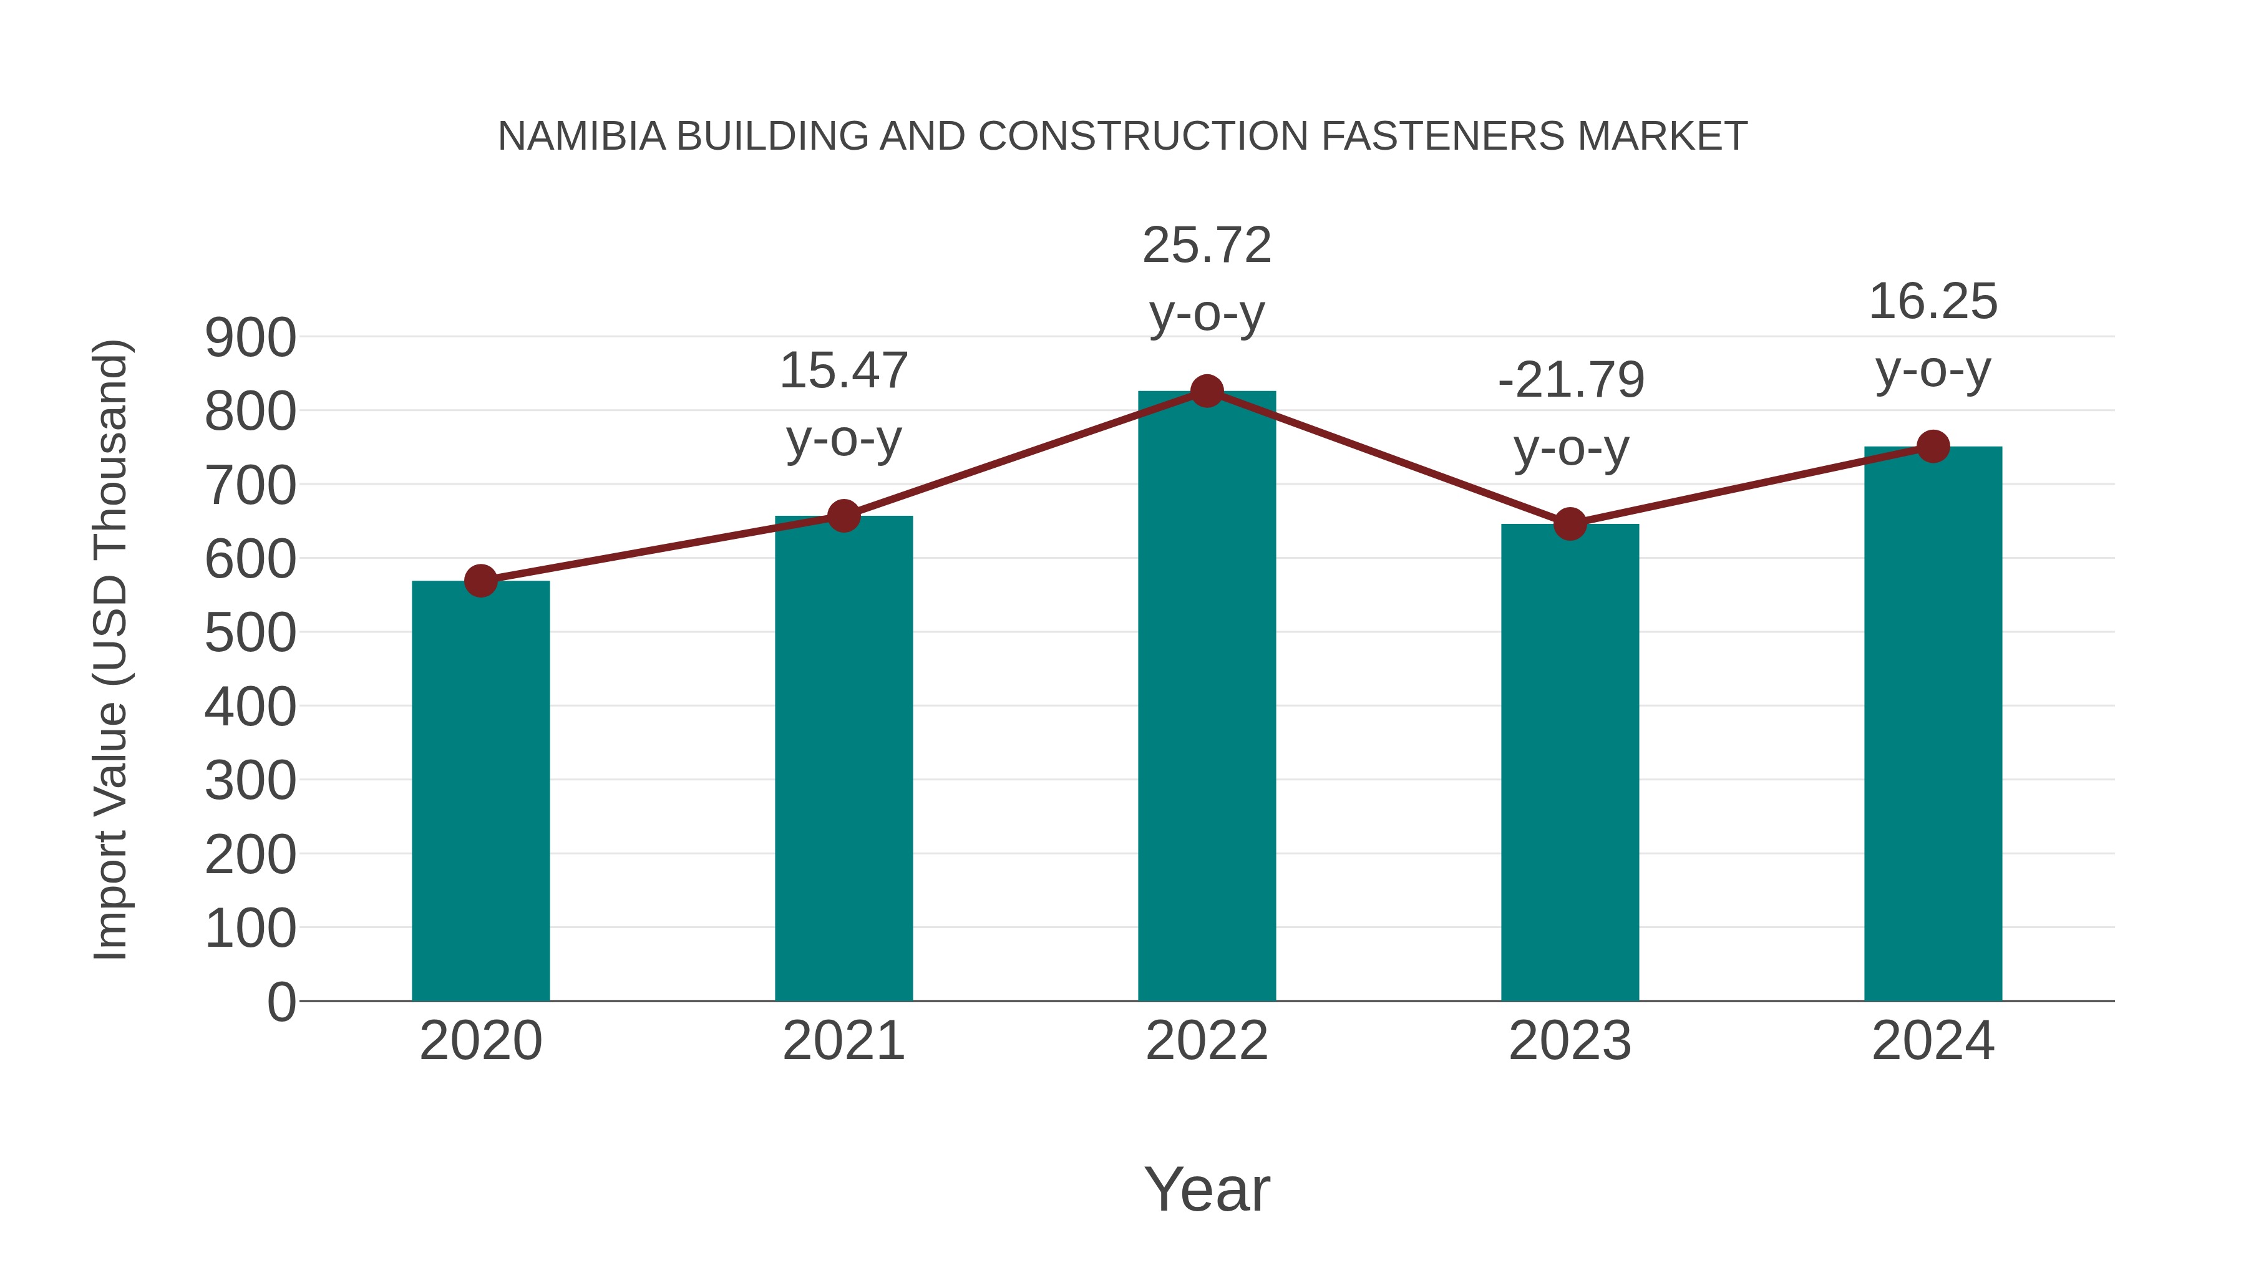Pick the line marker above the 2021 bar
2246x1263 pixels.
(843, 516)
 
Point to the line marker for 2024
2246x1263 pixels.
(1933, 447)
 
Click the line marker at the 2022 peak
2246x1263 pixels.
(1207, 391)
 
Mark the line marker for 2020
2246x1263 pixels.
(480, 581)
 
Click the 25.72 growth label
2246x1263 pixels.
(1207, 246)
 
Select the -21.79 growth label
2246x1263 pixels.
(1570, 381)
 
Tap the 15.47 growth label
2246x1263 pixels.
(843, 371)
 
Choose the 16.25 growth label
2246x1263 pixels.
(1933, 302)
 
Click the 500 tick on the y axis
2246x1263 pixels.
(250, 634)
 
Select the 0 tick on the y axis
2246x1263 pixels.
(281, 1002)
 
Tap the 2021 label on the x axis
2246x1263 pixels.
(843, 1041)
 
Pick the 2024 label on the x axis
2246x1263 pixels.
(1933, 1041)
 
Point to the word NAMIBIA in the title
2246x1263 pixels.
(581, 137)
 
